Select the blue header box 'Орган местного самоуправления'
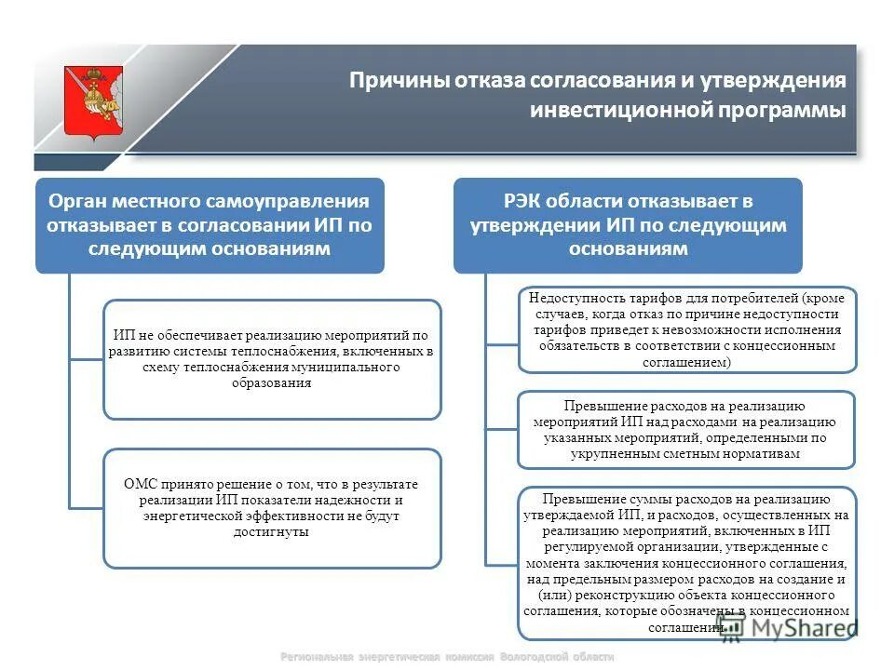(x=210, y=225)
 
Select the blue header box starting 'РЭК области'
(x=627, y=225)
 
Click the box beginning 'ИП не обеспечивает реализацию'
(x=272, y=359)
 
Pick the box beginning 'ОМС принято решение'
(x=272, y=508)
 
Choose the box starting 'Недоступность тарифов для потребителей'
(x=687, y=329)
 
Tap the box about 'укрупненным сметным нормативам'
(x=685, y=430)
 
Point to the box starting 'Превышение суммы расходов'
(x=687, y=562)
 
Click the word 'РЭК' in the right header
(x=522, y=201)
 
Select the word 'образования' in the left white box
(x=271, y=383)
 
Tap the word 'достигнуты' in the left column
(x=271, y=532)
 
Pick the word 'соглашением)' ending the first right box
(x=687, y=361)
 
